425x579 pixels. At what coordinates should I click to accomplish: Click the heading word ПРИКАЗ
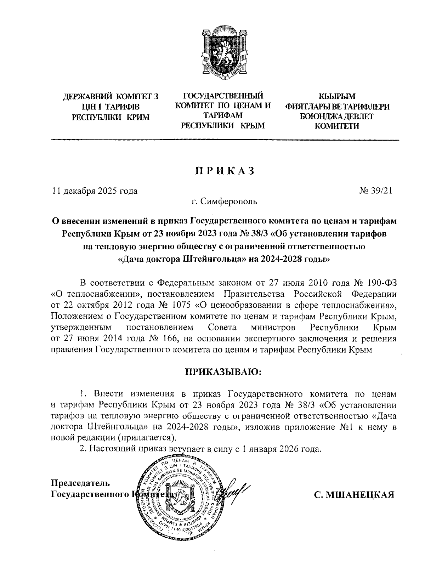coord(223,171)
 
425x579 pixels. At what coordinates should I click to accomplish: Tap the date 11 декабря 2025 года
coord(95,191)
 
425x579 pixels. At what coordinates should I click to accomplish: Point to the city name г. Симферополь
coord(224,202)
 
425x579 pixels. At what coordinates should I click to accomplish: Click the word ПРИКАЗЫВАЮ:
coord(223,372)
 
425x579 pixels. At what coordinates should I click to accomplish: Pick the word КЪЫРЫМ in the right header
coord(337,96)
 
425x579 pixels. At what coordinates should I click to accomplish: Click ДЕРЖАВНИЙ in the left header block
coord(87,96)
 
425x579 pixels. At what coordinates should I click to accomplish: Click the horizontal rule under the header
coord(225,141)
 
